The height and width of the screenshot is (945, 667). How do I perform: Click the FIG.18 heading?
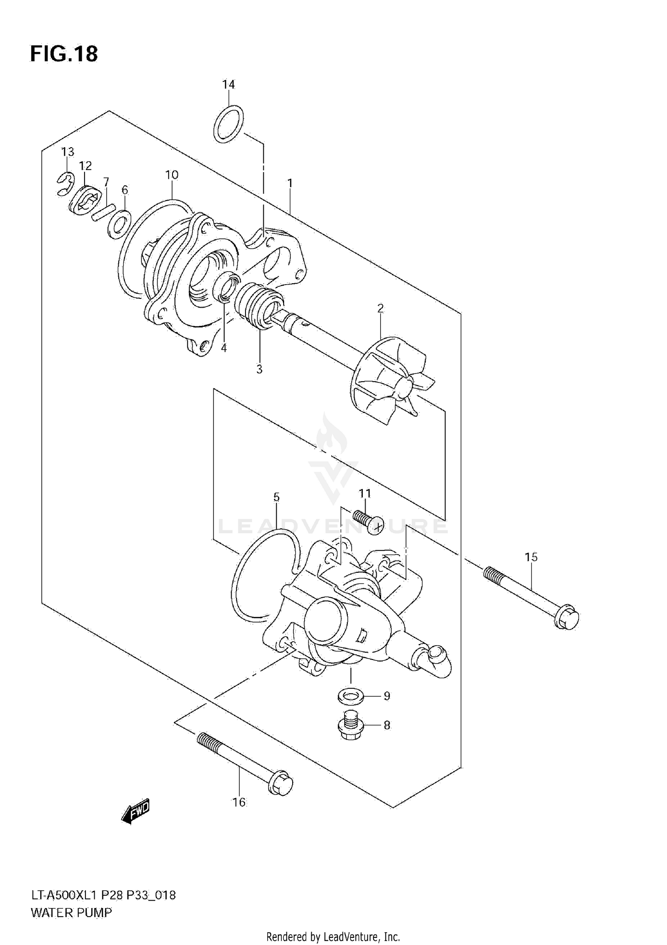64,54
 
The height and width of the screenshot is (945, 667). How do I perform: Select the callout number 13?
68,152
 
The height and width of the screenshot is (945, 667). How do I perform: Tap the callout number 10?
172,175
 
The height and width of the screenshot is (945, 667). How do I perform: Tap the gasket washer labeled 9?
350,696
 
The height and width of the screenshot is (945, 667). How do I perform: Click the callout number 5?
276,497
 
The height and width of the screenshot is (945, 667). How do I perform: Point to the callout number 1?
289,183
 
